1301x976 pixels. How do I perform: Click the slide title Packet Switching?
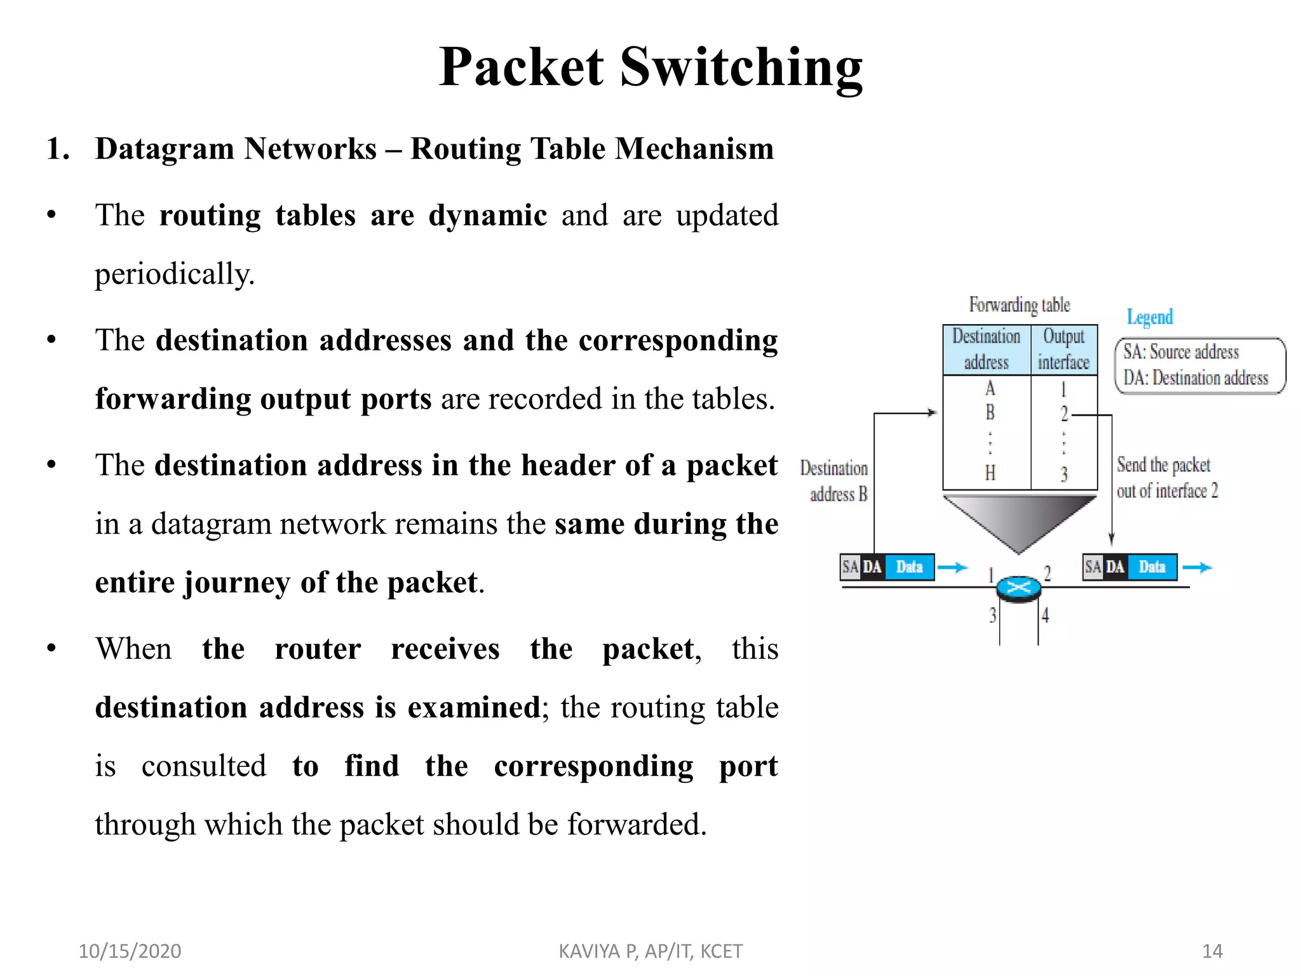pyautogui.click(x=650, y=67)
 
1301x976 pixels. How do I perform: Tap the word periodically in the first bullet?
pyautogui.click(x=174, y=274)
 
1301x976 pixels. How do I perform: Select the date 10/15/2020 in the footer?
pyautogui.click(x=130, y=951)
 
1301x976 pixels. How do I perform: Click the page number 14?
pyautogui.click(x=1212, y=951)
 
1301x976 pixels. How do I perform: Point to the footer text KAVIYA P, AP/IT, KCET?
pyautogui.click(x=650, y=951)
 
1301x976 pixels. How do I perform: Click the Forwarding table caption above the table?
pyautogui.click(x=1019, y=305)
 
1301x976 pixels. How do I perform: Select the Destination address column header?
pyautogui.click(x=986, y=349)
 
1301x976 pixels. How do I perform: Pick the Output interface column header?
pyautogui.click(x=1063, y=349)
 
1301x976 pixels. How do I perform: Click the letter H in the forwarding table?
pyautogui.click(x=990, y=473)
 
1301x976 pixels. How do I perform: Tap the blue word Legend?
pyautogui.click(x=1149, y=316)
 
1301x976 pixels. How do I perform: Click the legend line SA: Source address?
pyautogui.click(x=1180, y=351)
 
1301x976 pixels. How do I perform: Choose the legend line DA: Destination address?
pyautogui.click(x=1195, y=378)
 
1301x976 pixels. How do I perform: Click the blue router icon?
pyautogui.click(x=1018, y=588)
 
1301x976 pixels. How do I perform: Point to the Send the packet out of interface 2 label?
pyautogui.click(x=1166, y=478)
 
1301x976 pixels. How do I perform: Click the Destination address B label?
pyautogui.click(x=835, y=481)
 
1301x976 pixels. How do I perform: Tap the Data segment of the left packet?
pyautogui.click(x=908, y=567)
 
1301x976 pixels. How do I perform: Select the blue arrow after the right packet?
pyautogui.click(x=1197, y=567)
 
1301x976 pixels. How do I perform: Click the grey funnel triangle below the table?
pyautogui.click(x=1019, y=520)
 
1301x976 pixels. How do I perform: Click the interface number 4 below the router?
pyautogui.click(x=1045, y=615)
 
